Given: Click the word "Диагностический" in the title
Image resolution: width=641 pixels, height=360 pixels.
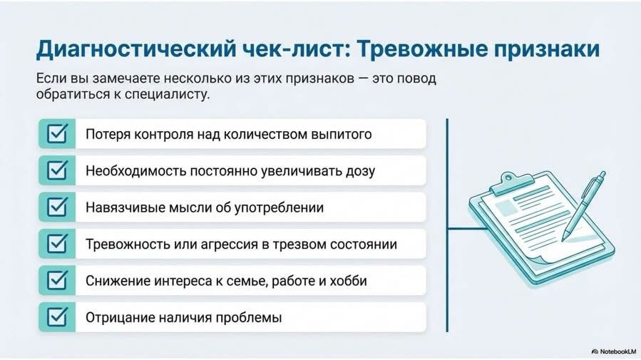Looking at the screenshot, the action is [x=136, y=49].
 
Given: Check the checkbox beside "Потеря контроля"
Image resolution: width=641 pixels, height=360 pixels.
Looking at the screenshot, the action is [x=57, y=133].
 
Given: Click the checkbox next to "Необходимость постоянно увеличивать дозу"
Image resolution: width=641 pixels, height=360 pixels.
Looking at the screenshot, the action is [x=57, y=170].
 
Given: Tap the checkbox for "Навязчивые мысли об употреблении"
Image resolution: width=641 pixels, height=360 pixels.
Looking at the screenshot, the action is [x=57, y=207].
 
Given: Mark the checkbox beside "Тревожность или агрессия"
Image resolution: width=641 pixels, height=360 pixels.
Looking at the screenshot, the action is [x=57, y=244].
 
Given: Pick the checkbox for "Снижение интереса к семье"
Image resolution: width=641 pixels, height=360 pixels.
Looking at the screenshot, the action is [x=57, y=280].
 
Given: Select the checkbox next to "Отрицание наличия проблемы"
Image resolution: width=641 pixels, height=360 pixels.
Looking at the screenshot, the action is [x=57, y=317].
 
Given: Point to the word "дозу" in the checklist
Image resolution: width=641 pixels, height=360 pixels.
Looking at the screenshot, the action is [x=360, y=171].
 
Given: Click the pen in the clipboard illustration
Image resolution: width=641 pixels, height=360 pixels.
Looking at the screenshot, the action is [x=583, y=205].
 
